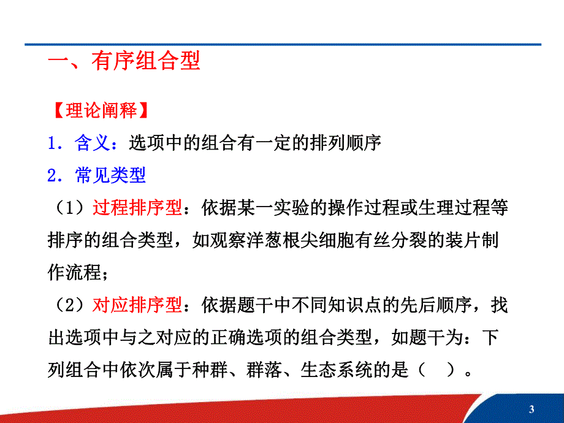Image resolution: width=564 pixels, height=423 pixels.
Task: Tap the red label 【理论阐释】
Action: [x=97, y=110]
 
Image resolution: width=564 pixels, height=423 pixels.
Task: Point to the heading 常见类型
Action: [x=110, y=176]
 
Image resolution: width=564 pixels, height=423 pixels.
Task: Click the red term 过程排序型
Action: [x=137, y=208]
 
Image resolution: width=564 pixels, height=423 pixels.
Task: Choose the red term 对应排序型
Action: [x=137, y=305]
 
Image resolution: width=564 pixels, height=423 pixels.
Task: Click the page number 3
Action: [x=531, y=409]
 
